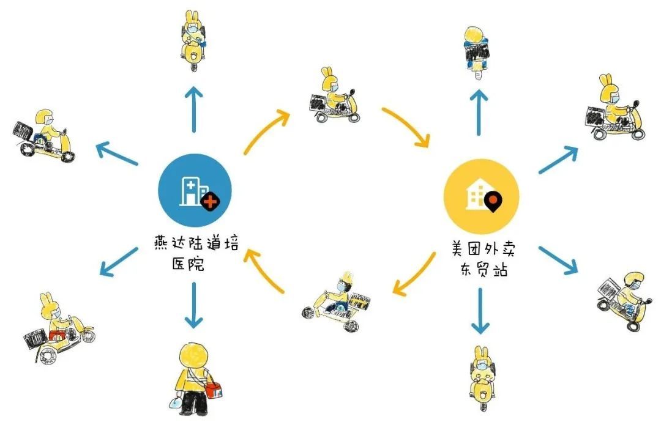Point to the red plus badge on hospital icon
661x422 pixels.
tap(210, 201)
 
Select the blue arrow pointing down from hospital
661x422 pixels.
tap(194, 304)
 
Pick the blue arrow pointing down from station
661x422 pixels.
tap(480, 311)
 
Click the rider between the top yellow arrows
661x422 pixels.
tap(333, 97)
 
